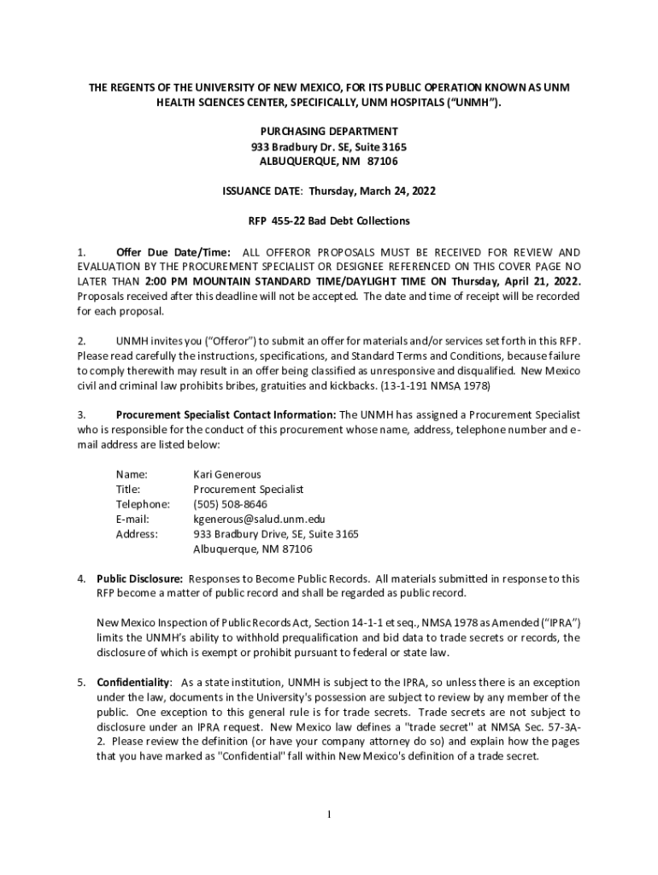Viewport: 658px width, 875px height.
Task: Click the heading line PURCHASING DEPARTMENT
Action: click(x=329, y=132)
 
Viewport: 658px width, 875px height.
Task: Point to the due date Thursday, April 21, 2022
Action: click(x=516, y=282)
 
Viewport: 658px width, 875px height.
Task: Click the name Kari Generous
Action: click(x=226, y=474)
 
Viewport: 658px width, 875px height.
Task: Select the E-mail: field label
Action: click(x=132, y=519)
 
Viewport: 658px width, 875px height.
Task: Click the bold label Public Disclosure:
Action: click(x=139, y=578)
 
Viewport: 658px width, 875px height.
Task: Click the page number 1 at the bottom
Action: click(x=329, y=813)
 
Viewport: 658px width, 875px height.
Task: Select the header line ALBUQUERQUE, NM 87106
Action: click(x=329, y=161)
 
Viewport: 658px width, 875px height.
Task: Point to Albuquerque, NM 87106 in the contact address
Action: click(x=253, y=549)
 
